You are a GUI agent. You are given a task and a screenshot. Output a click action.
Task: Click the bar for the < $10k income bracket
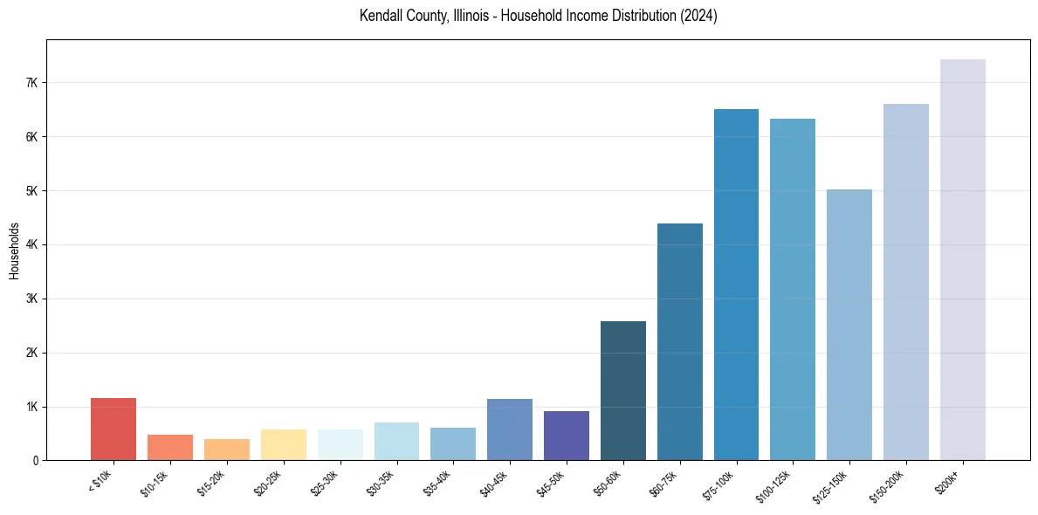coord(113,429)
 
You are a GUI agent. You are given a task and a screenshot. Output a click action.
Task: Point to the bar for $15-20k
coord(227,450)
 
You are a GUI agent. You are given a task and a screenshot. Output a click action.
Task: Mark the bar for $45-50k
coord(567,436)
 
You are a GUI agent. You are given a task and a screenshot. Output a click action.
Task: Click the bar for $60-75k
coord(680,341)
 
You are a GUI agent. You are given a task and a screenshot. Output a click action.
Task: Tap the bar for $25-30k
coord(340,444)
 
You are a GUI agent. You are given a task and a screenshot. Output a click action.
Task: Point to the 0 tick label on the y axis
coord(34,461)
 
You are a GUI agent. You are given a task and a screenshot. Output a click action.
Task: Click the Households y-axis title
coord(15,251)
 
